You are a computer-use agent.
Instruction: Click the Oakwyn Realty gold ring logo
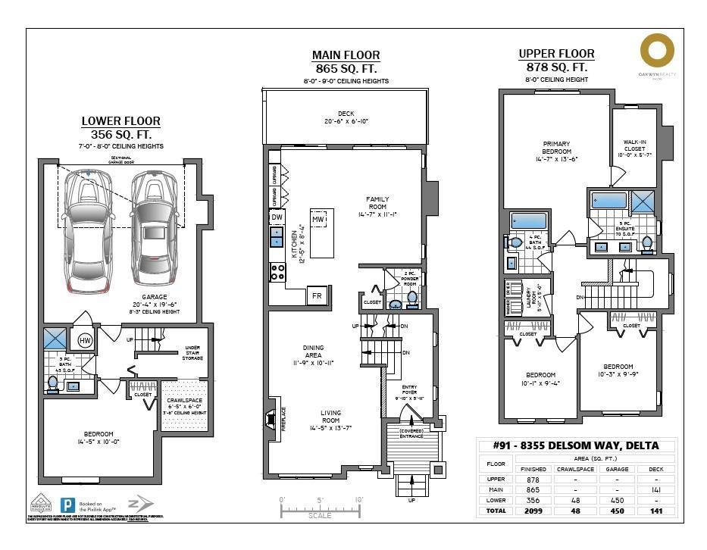(656, 51)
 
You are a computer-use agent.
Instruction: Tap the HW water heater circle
(86, 341)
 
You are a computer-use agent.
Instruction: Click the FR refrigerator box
(318, 296)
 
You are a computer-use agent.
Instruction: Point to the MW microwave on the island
(319, 219)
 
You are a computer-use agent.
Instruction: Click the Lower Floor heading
(121, 121)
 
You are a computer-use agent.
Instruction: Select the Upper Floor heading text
(556, 54)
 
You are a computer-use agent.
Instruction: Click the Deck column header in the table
(655, 468)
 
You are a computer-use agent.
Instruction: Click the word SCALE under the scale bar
(319, 515)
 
